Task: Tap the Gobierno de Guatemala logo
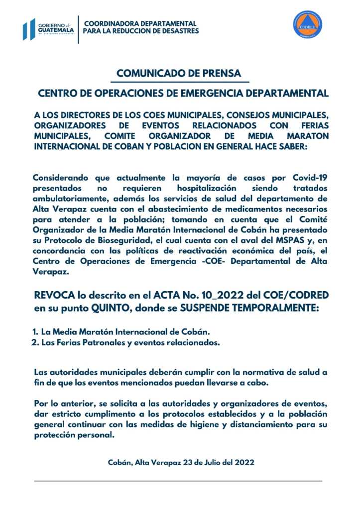point(48,30)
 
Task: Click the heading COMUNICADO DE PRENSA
point(179,74)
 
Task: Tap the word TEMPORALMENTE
point(276,308)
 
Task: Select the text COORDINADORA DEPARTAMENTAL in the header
point(141,23)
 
